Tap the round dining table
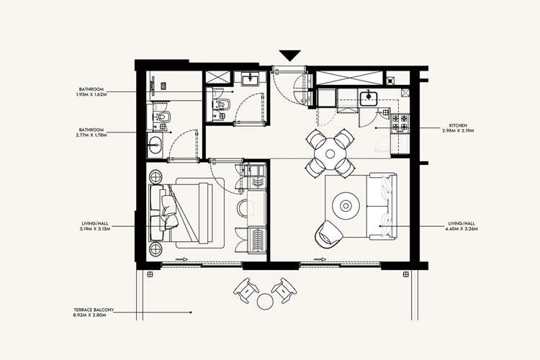coord(330,152)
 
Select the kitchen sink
coord(369,97)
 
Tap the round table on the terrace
coord(265,300)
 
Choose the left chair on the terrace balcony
coord(246,289)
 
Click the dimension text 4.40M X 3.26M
coord(462,229)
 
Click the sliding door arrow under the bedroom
coord(180,261)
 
